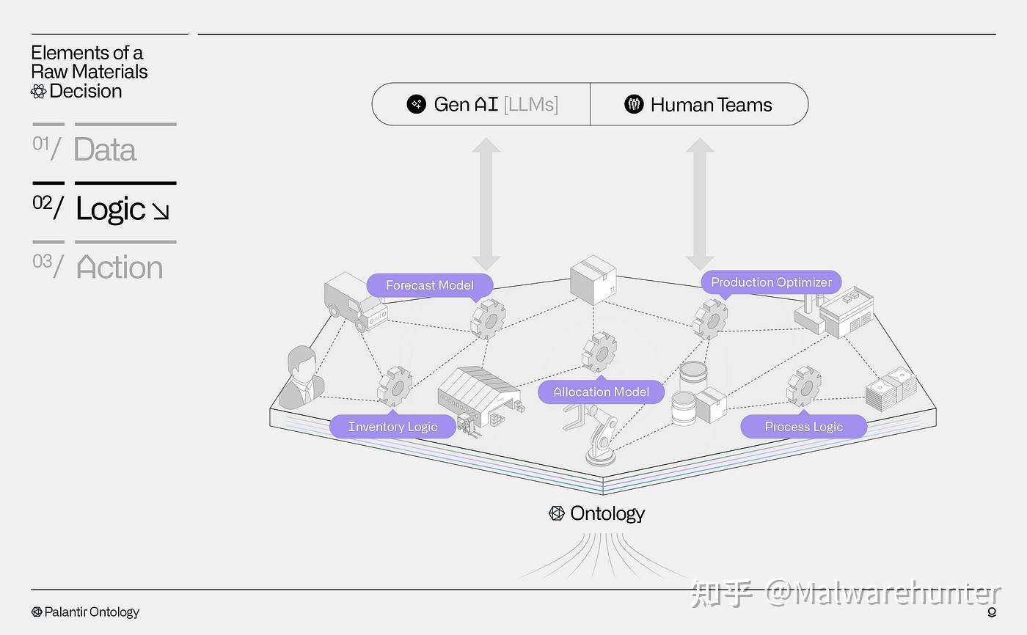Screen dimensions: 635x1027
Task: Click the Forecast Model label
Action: coord(430,285)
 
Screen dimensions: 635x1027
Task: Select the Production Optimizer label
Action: coord(771,282)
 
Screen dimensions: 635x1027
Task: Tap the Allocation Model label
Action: coord(601,392)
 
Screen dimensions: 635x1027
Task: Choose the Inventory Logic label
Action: coord(392,427)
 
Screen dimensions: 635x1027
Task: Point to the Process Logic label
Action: coord(803,427)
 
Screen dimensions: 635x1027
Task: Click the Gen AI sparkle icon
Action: coord(417,104)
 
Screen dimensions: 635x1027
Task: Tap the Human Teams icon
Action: coord(634,104)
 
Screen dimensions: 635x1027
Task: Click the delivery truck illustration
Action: coord(355,301)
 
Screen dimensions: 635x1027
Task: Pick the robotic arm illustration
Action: coord(599,436)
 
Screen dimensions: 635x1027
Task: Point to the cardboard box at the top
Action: coord(593,279)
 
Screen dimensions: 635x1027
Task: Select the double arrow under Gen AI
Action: coord(486,204)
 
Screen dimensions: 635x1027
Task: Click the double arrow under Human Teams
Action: coord(700,204)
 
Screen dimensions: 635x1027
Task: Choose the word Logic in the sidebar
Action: coord(111,209)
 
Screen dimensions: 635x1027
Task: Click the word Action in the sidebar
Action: coord(119,268)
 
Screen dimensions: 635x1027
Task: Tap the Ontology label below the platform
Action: coord(607,513)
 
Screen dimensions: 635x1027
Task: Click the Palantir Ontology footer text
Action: coord(91,612)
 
